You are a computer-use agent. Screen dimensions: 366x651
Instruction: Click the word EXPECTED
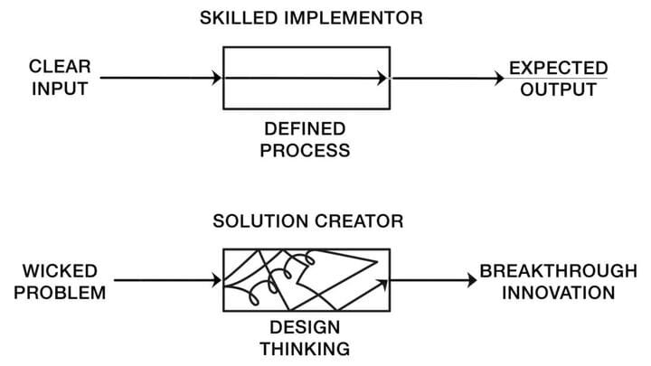[558, 69]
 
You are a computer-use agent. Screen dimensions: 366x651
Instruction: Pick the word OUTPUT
[558, 89]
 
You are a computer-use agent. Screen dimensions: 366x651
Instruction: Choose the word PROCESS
[305, 151]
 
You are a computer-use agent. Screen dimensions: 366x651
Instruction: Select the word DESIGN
[306, 326]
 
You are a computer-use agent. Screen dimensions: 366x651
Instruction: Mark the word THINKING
[306, 348]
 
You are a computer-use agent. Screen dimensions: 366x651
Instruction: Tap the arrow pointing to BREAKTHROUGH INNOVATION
[434, 281]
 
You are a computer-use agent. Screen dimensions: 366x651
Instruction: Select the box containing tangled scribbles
[306, 281]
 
